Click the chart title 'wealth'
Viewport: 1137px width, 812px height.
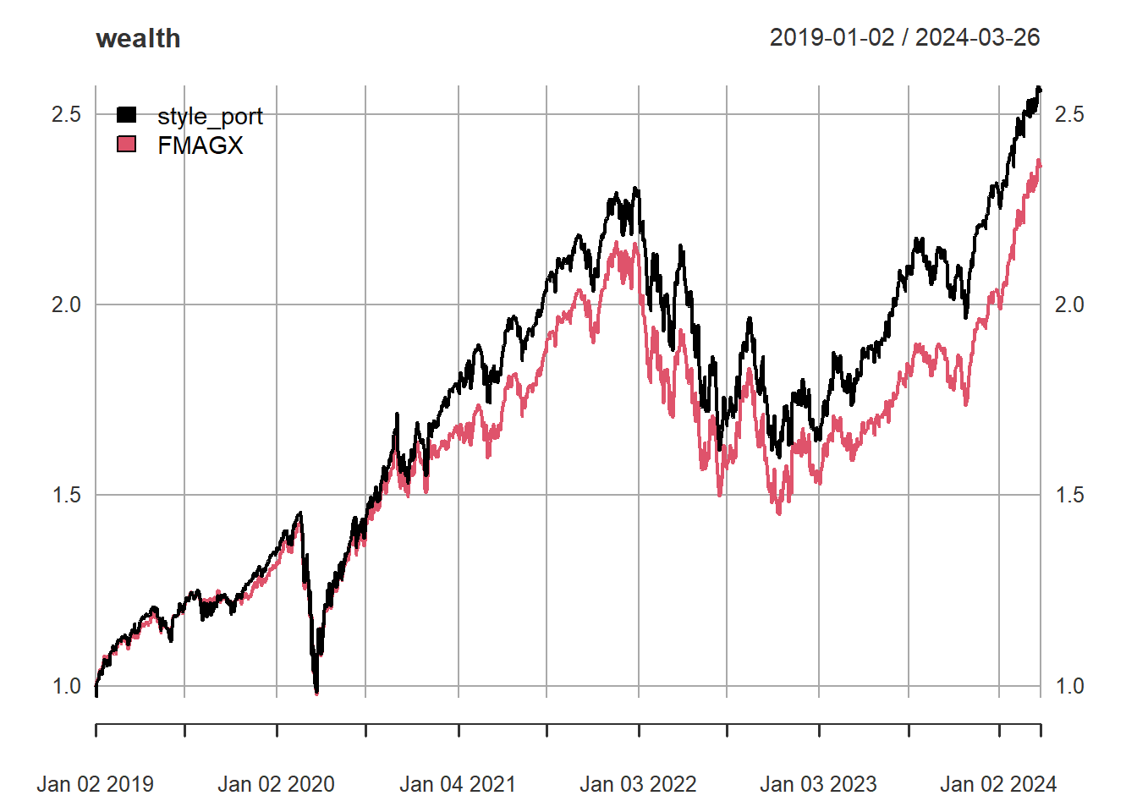pos(138,39)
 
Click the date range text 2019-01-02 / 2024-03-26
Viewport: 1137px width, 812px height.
pos(904,38)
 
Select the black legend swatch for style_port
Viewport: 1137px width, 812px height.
pos(126,115)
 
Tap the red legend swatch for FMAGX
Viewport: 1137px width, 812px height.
pos(126,145)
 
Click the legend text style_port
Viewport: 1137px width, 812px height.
pos(210,116)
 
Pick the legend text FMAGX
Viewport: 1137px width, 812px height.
pos(200,145)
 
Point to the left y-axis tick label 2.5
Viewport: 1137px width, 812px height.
pos(66,114)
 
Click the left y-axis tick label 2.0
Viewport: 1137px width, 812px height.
pos(66,304)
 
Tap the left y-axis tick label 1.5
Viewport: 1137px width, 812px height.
pos(66,495)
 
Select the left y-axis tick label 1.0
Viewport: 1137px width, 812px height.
pos(66,686)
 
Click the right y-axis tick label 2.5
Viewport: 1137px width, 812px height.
pos(1069,114)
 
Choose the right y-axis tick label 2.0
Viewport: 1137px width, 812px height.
pos(1069,304)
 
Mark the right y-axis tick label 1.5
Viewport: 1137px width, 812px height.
pos(1069,495)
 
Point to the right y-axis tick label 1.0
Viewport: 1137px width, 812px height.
pos(1069,686)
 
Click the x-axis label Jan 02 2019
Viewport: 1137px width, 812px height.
pos(96,784)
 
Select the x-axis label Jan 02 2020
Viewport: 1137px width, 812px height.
pos(276,784)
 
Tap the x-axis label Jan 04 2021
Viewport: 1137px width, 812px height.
pos(458,784)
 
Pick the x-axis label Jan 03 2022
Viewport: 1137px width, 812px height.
pos(638,784)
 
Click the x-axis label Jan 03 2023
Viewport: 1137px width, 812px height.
pos(818,784)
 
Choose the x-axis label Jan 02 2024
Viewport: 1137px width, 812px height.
pos(998,784)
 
